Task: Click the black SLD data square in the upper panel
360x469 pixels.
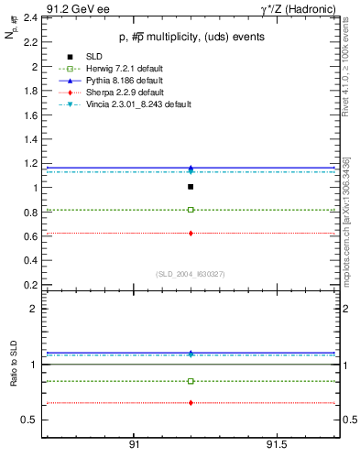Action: (191, 187)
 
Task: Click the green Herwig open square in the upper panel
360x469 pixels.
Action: (191, 210)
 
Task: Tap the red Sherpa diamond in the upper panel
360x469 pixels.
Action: (191, 234)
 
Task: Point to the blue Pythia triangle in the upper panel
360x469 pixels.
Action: (191, 168)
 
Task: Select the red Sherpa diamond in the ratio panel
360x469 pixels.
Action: (191, 403)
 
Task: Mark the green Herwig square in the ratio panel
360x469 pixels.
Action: (191, 381)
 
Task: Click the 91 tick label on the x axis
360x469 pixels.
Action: (134, 444)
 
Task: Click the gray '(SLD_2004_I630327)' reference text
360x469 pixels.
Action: (190, 274)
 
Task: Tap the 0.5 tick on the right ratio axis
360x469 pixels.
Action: (347, 420)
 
